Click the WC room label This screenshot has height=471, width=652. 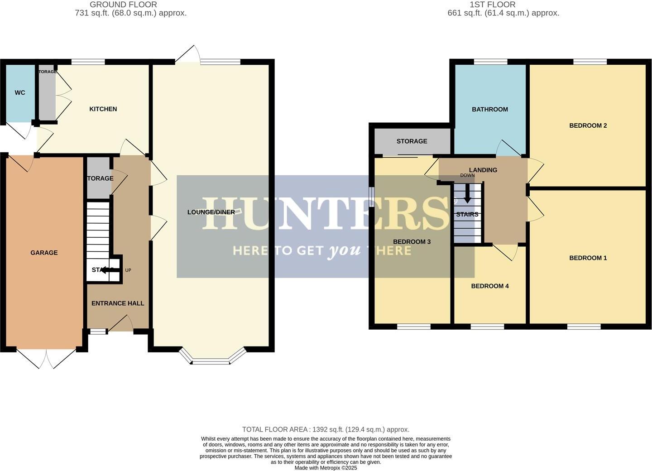pos(20,93)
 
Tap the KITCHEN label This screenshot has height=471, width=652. pos(103,109)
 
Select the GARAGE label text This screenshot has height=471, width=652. pos(44,253)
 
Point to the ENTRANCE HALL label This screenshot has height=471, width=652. pos(118,303)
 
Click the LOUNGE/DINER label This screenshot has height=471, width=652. pos(211,212)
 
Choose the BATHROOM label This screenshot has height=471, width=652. pos(490,109)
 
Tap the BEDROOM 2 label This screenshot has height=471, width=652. pos(588,125)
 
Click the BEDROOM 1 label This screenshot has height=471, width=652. pos(588,258)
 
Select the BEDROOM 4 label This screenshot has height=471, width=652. pos(490,286)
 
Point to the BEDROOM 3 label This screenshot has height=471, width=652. pos(412,242)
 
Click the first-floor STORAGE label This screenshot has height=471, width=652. pos(412,141)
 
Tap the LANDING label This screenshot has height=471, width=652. pos(483,170)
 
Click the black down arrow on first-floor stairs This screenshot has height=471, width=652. pos(467,195)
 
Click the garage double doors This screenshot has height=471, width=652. pos(47,358)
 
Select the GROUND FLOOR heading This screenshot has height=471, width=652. pos(123,5)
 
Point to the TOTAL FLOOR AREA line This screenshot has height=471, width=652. pos(326,429)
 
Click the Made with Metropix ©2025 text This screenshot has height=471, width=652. pos(326,468)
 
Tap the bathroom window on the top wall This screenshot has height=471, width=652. pos(490,62)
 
